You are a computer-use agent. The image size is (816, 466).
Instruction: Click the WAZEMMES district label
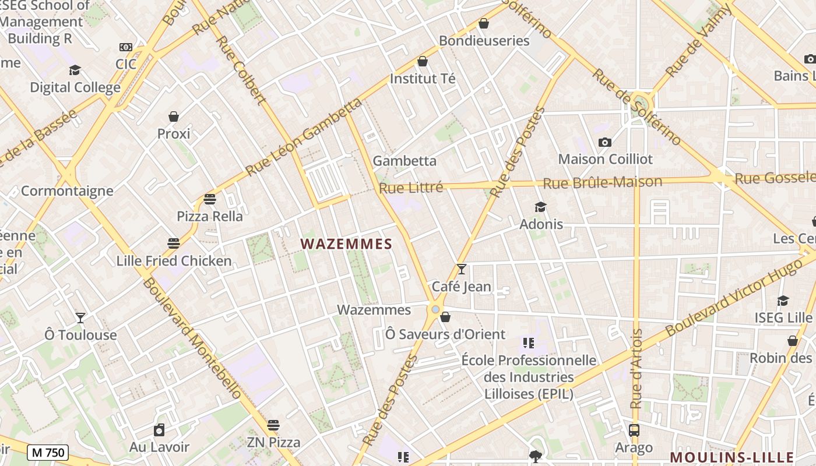(346, 244)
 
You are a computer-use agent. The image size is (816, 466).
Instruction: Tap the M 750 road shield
(48, 453)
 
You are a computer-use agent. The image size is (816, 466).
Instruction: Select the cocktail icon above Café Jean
(462, 269)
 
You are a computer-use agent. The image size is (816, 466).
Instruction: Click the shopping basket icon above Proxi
(174, 116)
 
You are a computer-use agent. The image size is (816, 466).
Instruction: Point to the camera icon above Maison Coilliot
(605, 142)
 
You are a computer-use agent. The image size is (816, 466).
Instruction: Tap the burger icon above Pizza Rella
(210, 199)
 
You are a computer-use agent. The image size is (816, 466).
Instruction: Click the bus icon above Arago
(634, 430)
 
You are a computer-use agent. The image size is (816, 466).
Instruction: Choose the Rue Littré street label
(411, 188)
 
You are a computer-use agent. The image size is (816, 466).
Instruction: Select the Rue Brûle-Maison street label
(603, 182)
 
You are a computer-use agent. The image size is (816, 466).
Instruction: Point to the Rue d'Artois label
(636, 369)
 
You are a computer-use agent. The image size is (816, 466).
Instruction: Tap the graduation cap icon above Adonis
(541, 207)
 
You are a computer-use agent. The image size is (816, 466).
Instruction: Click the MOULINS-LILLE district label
(731, 457)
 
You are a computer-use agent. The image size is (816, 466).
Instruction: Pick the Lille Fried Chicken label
(174, 260)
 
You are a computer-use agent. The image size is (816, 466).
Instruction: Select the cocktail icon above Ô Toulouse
(80, 318)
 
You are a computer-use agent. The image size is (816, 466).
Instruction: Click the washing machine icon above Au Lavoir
(159, 430)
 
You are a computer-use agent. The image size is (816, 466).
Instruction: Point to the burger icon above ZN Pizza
(273, 425)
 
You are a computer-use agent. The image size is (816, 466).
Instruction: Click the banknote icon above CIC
(126, 47)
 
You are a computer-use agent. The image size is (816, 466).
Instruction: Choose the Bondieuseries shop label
(484, 41)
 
